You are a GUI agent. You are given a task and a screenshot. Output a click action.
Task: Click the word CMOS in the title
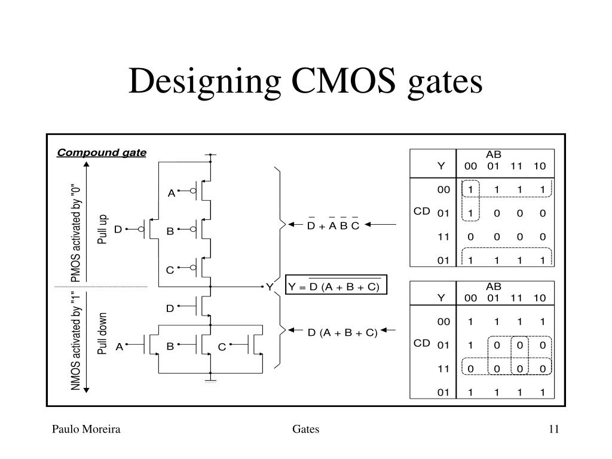(344, 81)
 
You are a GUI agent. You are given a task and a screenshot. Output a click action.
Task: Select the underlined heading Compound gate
(102, 152)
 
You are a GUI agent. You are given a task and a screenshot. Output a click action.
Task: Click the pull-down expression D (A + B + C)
(342, 332)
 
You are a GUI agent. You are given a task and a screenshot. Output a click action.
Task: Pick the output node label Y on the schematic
(270, 287)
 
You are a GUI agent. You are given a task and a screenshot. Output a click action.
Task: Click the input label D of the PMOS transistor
(118, 229)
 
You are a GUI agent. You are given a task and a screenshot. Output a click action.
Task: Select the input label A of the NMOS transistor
(120, 347)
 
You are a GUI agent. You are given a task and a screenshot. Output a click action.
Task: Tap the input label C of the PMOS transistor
(170, 270)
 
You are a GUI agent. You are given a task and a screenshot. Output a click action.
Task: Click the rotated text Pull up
(102, 229)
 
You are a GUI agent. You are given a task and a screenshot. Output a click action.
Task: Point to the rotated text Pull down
(102, 333)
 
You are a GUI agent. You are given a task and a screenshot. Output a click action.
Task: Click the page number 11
(554, 429)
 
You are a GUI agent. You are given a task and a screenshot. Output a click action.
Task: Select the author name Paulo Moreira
(86, 429)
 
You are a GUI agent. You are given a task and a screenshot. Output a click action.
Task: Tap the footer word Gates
(305, 429)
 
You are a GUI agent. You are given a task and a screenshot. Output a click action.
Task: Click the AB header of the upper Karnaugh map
(493, 155)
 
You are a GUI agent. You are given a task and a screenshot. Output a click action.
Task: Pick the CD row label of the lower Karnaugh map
(421, 343)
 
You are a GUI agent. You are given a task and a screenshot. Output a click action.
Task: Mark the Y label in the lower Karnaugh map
(441, 298)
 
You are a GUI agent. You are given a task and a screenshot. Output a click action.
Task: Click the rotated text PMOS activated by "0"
(75, 233)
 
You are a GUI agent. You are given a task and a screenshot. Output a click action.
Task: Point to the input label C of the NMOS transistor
(222, 347)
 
